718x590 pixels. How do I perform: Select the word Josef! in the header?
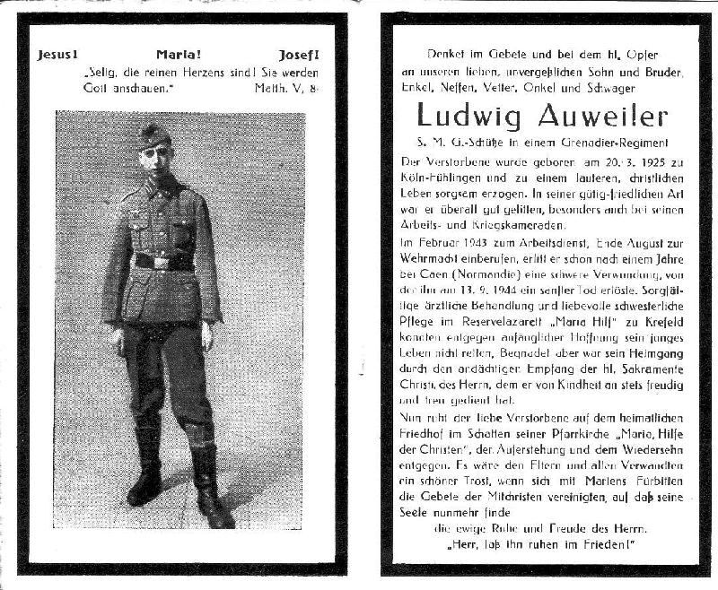299,54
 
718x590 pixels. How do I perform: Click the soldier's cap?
155,134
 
